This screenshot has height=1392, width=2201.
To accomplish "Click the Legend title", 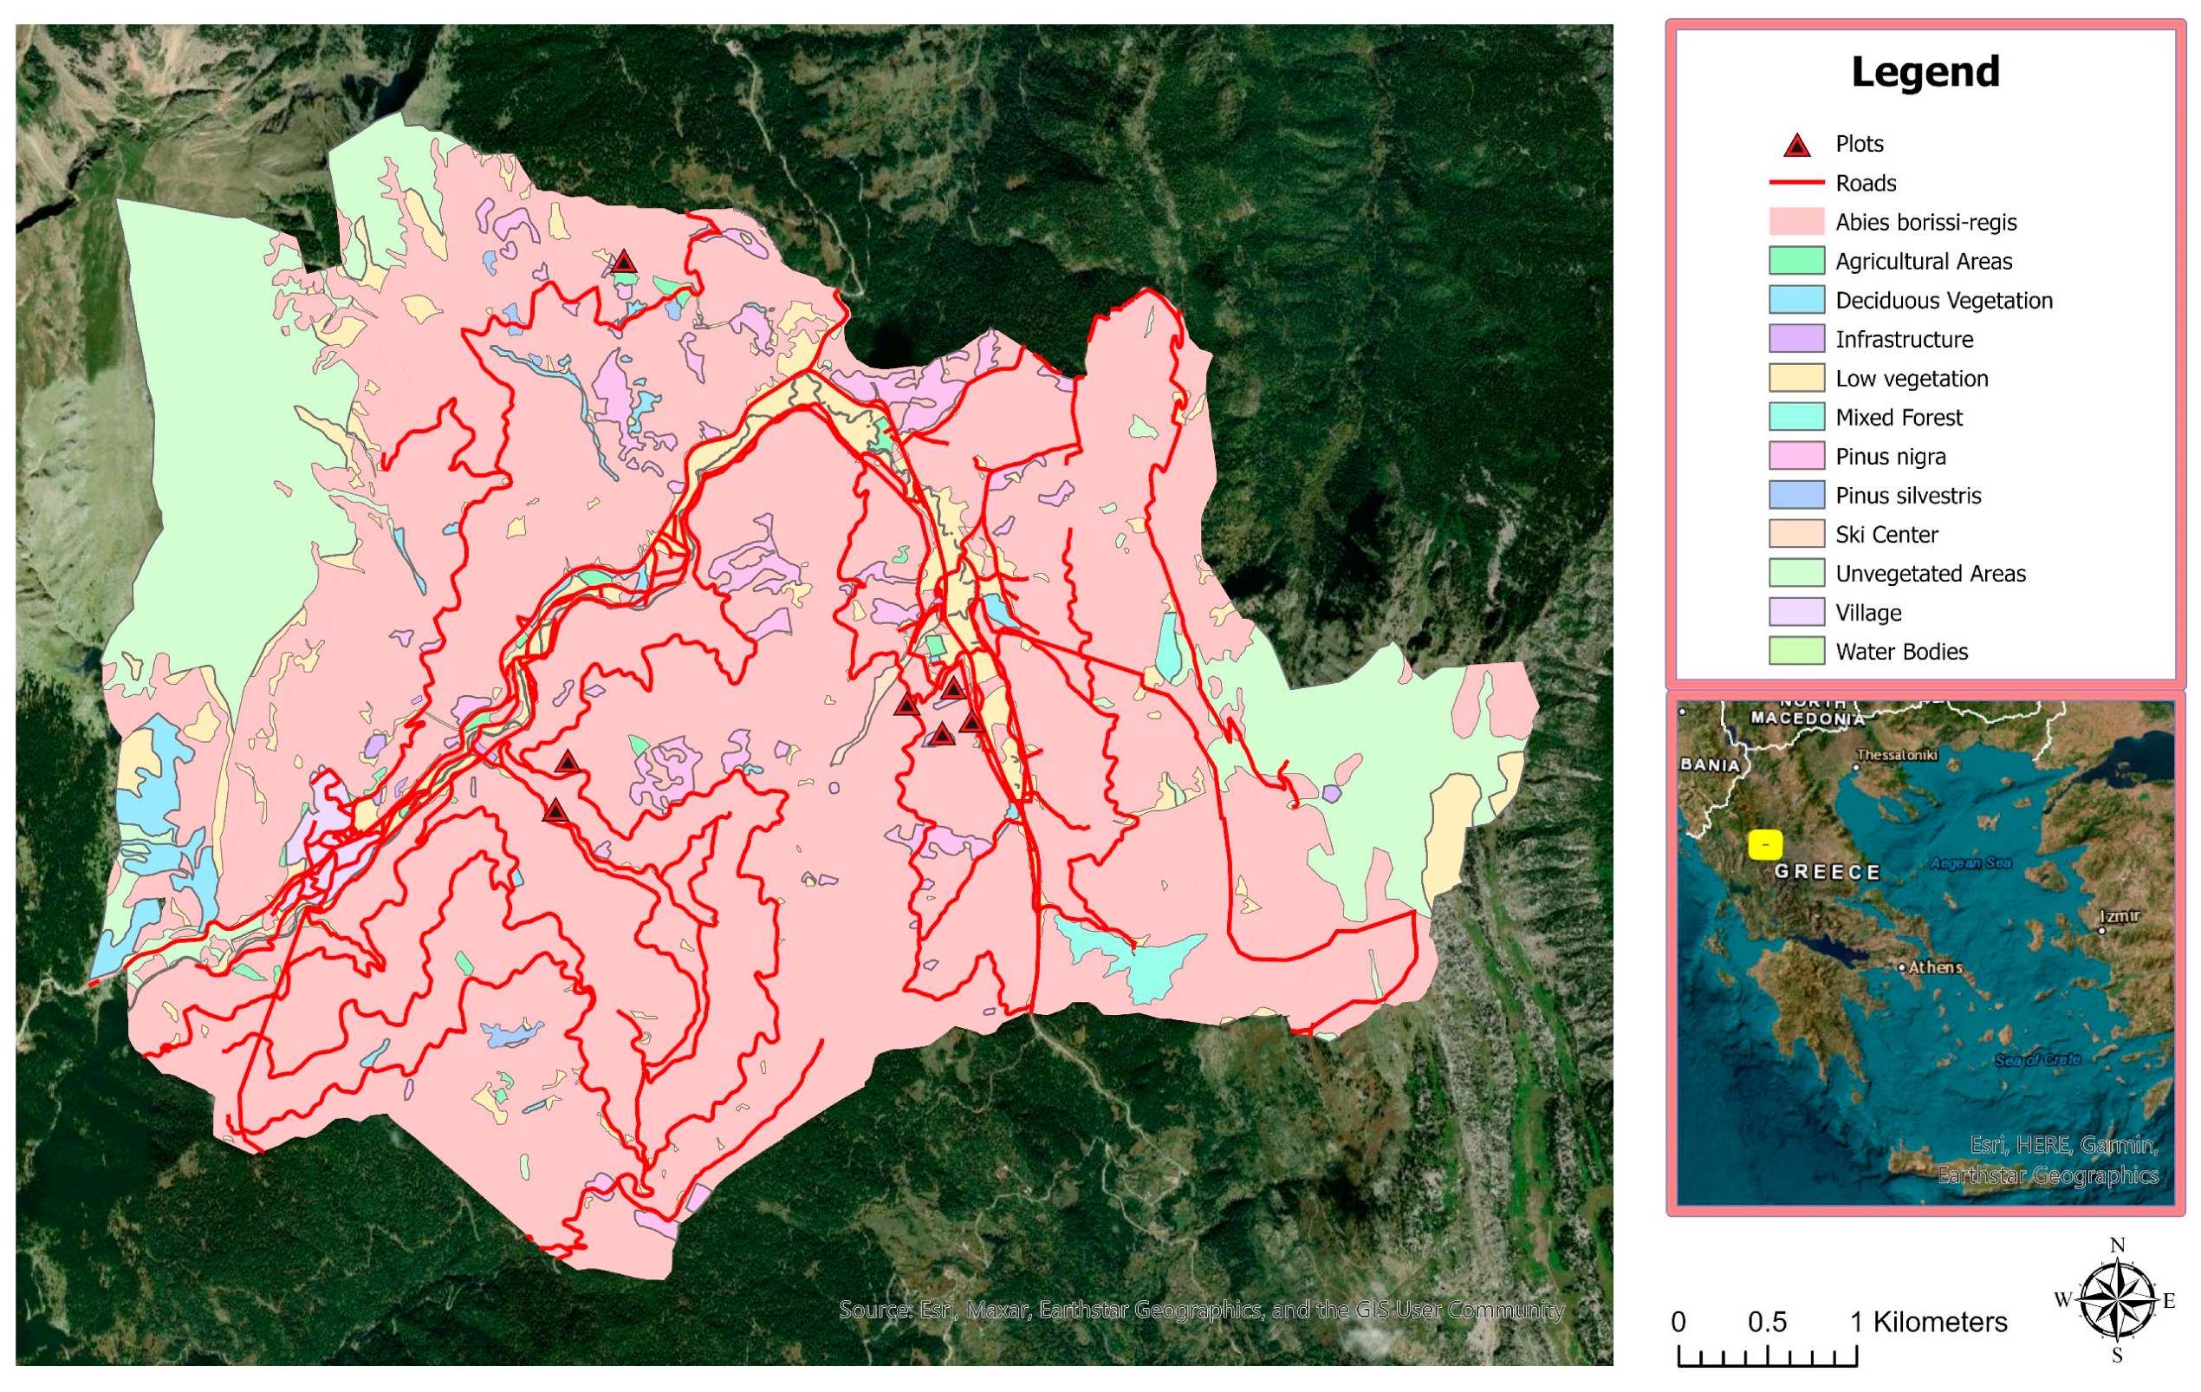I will (1925, 72).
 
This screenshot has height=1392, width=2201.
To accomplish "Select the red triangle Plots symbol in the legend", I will (1796, 146).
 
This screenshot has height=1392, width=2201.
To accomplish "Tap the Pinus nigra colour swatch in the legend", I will (1796, 456).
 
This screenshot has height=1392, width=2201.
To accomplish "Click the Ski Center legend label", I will (1886, 535).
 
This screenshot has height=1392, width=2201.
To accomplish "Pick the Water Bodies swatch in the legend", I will (1796, 652).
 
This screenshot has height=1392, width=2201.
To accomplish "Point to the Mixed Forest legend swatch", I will (1796, 418).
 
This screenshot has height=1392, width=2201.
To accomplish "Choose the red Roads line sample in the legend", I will (1796, 183).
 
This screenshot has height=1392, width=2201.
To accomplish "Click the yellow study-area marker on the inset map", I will (1764, 844).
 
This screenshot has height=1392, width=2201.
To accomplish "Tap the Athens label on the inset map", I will (1934, 967).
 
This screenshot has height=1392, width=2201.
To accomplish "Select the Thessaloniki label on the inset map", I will (1897, 755).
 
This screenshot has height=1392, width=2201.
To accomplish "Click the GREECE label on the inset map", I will (1827, 872).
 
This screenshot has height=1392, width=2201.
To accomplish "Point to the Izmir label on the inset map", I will (2120, 917).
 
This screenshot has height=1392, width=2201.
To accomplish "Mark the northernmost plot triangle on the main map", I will (623, 263).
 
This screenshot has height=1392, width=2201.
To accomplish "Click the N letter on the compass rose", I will (2117, 1245).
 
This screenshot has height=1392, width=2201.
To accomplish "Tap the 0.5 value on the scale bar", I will (1766, 1323).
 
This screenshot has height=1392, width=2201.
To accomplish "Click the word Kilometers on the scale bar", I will (1939, 1323).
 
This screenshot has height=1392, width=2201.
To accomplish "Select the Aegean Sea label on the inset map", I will (1970, 862).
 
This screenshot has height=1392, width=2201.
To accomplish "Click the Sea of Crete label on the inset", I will (2036, 1060).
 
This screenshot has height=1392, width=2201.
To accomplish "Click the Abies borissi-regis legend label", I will (1925, 222).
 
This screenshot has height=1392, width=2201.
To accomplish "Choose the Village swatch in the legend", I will (1796, 613).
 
